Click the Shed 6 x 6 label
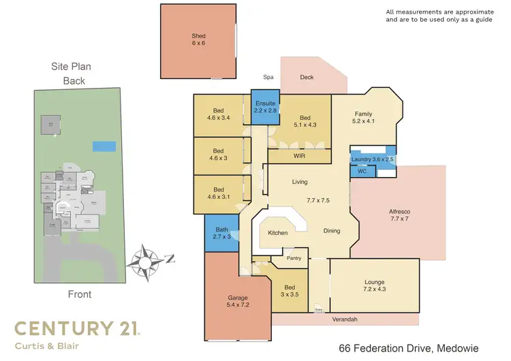(198, 40)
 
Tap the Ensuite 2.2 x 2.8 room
(264, 107)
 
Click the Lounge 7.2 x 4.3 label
(374, 286)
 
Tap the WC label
(362, 172)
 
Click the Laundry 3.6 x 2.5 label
(373, 159)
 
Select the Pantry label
(294, 258)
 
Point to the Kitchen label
(277, 233)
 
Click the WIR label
(298, 157)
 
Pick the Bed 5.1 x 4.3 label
(305, 121)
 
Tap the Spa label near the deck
(269, 78)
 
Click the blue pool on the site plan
(103, 146)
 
